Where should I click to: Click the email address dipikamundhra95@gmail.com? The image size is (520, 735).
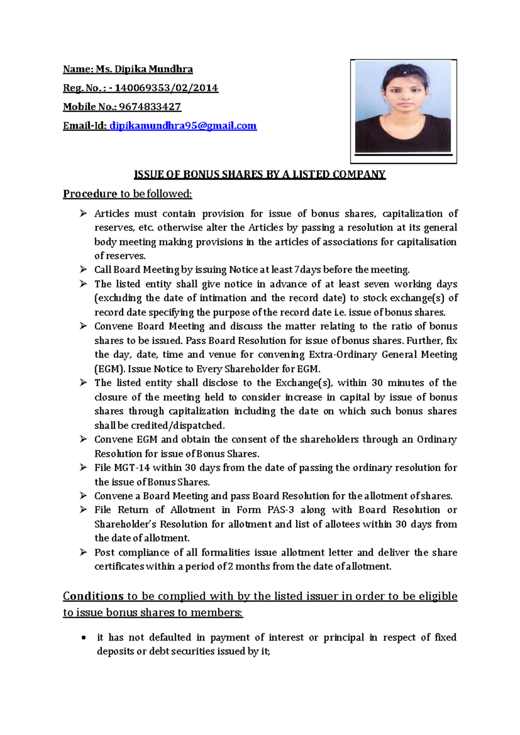pyautogui.click(x=183, y=126)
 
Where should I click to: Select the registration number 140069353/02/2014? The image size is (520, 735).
pyautogui.click(x=166, y=88)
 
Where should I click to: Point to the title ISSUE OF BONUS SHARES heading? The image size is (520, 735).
pyautogui.click(x=260, y=174)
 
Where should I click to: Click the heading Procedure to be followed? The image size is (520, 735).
pyautogui.click(x=127, y=194)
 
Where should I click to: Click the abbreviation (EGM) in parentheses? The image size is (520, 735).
pyautogui.click(x=110, y=369)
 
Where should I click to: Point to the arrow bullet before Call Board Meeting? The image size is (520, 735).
pyautogui.click(x=83, y=270)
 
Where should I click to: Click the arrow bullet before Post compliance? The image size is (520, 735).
pyautogui.click(x=83, y=552)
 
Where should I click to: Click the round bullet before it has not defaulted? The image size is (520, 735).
pyautogui.click(x=84, y=638)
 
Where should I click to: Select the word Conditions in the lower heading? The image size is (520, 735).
pyautogui.click(x=93, y=596)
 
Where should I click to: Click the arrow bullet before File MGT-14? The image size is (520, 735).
pyautogui.click(x=83, y=467)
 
